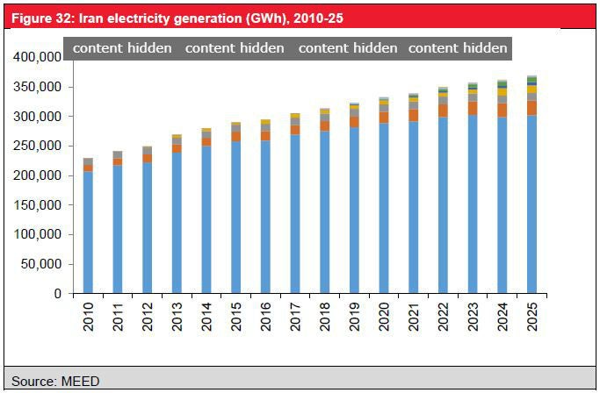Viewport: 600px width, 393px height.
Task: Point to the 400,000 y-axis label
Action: (37, 58)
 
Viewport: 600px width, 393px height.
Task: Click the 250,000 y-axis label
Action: (37, 146)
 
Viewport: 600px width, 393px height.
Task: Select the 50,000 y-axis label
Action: (40, 265)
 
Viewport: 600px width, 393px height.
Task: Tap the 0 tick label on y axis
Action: (57, 295)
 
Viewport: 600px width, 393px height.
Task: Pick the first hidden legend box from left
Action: (121, 48)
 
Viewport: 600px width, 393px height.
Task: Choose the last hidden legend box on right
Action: (458, 48)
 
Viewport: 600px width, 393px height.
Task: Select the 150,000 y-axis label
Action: (37, 206)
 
